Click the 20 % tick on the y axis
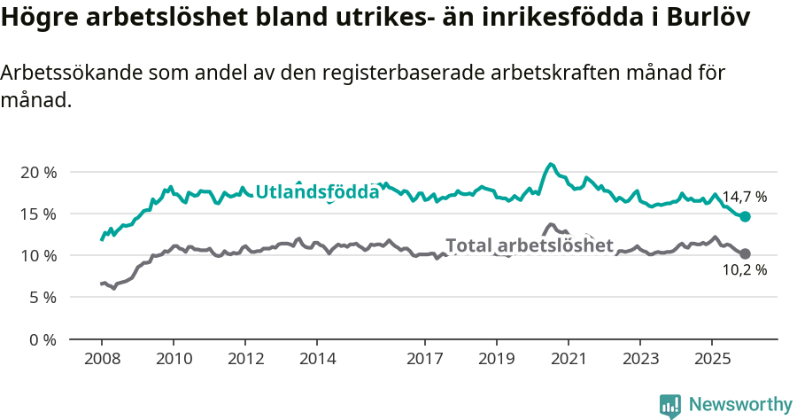(x=37, y=172)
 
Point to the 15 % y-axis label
(x=37, y=214)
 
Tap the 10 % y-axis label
(x=37, y=256)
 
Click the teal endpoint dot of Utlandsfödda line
(x=745, y=217)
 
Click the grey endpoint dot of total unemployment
(x=745, y=254)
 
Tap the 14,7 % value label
(x=744, y=197)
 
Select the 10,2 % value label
(x=744, y=270)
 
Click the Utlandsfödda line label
(x=317, y=192)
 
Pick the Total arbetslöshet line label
(x=529, y=245)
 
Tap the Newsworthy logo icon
(x=669, y=405)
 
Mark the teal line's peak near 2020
(x=551, y=164)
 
